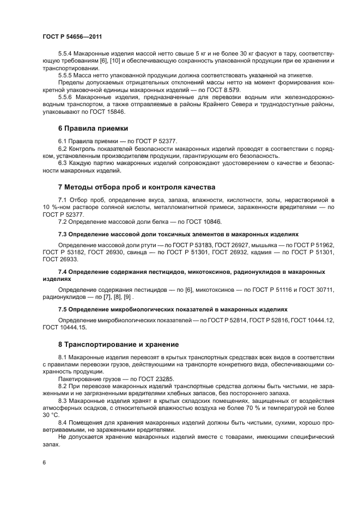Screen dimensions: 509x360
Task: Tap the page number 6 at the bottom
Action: (44, 462)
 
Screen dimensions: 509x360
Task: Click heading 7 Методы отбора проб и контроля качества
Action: (129, 187)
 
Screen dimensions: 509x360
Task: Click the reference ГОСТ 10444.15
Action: (64, 327)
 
